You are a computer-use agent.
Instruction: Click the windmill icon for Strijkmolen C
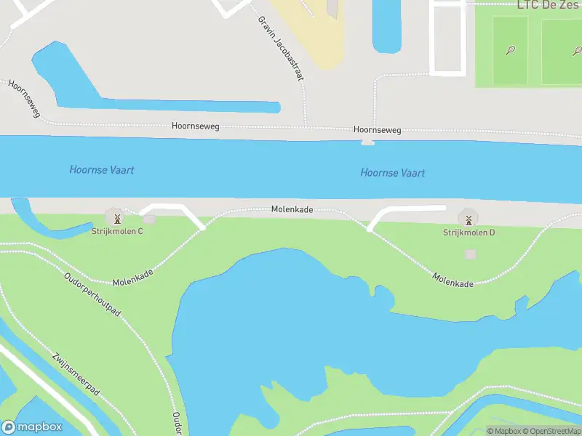click(x=116, y=217)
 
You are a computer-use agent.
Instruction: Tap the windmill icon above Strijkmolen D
click(x=469, y=218)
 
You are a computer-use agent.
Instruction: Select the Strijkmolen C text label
click(x=117, y=231)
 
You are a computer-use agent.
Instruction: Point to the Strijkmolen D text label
click(x=469, y=233)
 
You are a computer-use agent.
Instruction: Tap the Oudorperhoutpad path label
click(x=92, y=294)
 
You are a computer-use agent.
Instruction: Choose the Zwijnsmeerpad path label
click(x=76, y=374)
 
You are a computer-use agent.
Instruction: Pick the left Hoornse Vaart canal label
click(x=102, y=170)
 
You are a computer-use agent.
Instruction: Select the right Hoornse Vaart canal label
click(x=393, y=173)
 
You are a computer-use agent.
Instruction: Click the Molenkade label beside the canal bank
click(x=292, y=209)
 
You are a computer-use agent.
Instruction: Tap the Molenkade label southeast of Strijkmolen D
click(x=453, y=280)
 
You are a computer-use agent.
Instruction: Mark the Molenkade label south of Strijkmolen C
click(x=133, y=277)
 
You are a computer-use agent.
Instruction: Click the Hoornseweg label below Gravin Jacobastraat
click(x=195, y=126)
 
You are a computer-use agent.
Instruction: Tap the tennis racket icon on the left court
click(x=511, y=50)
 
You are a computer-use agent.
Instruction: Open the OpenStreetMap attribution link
click(x=551, y=431)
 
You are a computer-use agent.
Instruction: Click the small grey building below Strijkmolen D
click(x=471, y=254)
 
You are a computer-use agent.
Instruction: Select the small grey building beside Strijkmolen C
click(x=149, y=219)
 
